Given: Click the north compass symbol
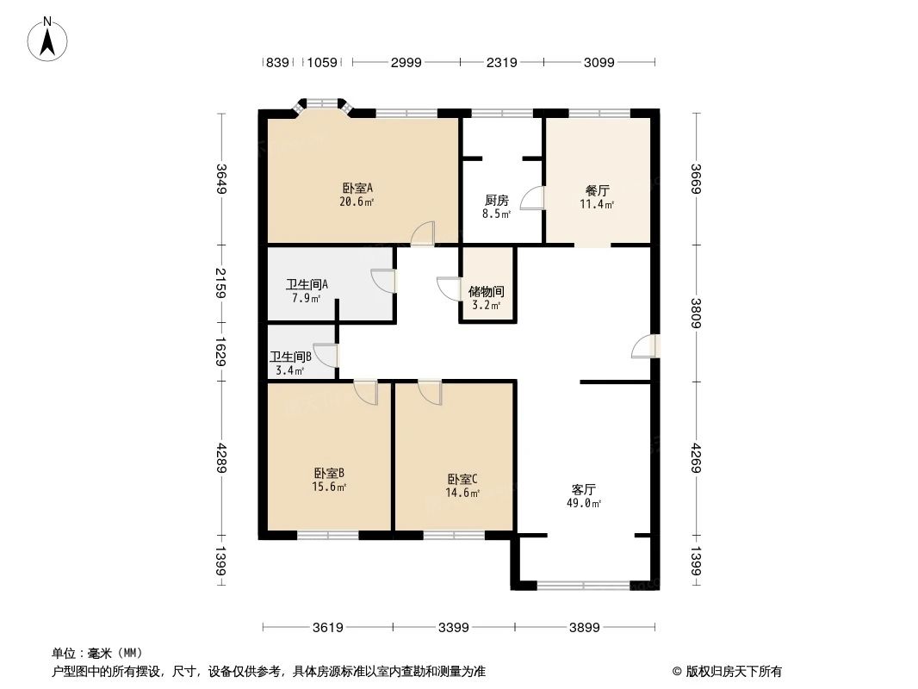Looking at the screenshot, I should click(49, 38).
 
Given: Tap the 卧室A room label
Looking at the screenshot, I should click(357, 188).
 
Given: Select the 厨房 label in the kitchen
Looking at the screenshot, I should click(498, 200).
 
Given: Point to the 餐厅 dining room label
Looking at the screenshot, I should click(598, 190).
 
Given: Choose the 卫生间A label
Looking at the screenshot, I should click(307, 285).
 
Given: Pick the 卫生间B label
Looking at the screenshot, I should click(290, 357).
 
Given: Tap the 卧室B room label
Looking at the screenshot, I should click(329, 473).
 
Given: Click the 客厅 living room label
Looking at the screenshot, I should click(584, 489).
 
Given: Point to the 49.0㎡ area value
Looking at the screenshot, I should click(584, 504).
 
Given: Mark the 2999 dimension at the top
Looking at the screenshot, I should click(406, 62).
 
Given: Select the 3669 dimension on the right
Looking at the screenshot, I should click(695, 179).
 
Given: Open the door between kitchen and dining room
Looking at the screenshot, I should click(534, 199).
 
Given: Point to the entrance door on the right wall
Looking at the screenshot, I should click(645, 345).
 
